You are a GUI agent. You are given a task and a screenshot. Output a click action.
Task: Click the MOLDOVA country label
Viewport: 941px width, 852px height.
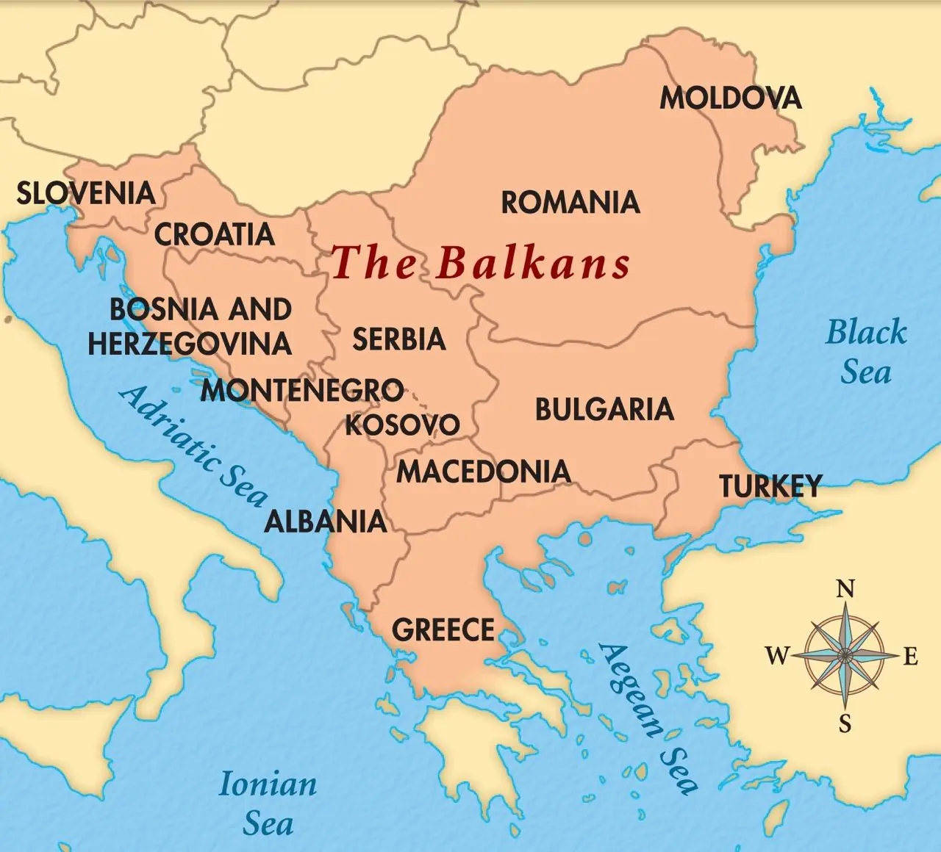[x=730, y=98]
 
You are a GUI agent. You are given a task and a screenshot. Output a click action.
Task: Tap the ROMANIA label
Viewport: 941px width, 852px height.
[x=570, y=202]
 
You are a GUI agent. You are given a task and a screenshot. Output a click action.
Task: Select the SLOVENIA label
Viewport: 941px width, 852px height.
[x=86, y=193]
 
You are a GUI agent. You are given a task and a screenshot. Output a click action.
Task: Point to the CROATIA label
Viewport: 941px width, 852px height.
[x=214, y=234]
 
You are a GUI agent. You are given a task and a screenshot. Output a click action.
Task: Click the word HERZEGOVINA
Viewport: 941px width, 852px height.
[x=190, y=344]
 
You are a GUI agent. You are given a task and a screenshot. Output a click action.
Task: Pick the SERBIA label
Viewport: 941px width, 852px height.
[x=399, y=339]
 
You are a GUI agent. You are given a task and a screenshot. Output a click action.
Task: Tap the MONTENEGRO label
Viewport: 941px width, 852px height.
[x=302, y=390]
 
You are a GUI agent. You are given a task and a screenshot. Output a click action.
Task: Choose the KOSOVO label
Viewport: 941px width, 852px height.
[x=403, y=425]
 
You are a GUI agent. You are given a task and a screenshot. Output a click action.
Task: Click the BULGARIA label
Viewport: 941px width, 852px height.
[x=604, y=410]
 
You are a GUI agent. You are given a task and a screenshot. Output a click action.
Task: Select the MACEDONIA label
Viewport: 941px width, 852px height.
[x=484, y=472]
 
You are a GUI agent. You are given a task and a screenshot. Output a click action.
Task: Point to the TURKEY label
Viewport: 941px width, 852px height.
[x=770, y=486]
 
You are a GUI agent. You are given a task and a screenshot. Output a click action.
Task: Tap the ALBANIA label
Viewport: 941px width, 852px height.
[x=326, y=521]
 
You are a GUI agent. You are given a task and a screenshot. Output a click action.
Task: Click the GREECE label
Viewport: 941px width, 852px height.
[x=443, y=630]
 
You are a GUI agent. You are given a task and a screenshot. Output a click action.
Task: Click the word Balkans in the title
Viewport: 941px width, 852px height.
[x=534, y=262]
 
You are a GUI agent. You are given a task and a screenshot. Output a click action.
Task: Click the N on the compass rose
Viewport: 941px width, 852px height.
[x=845, y=589]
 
